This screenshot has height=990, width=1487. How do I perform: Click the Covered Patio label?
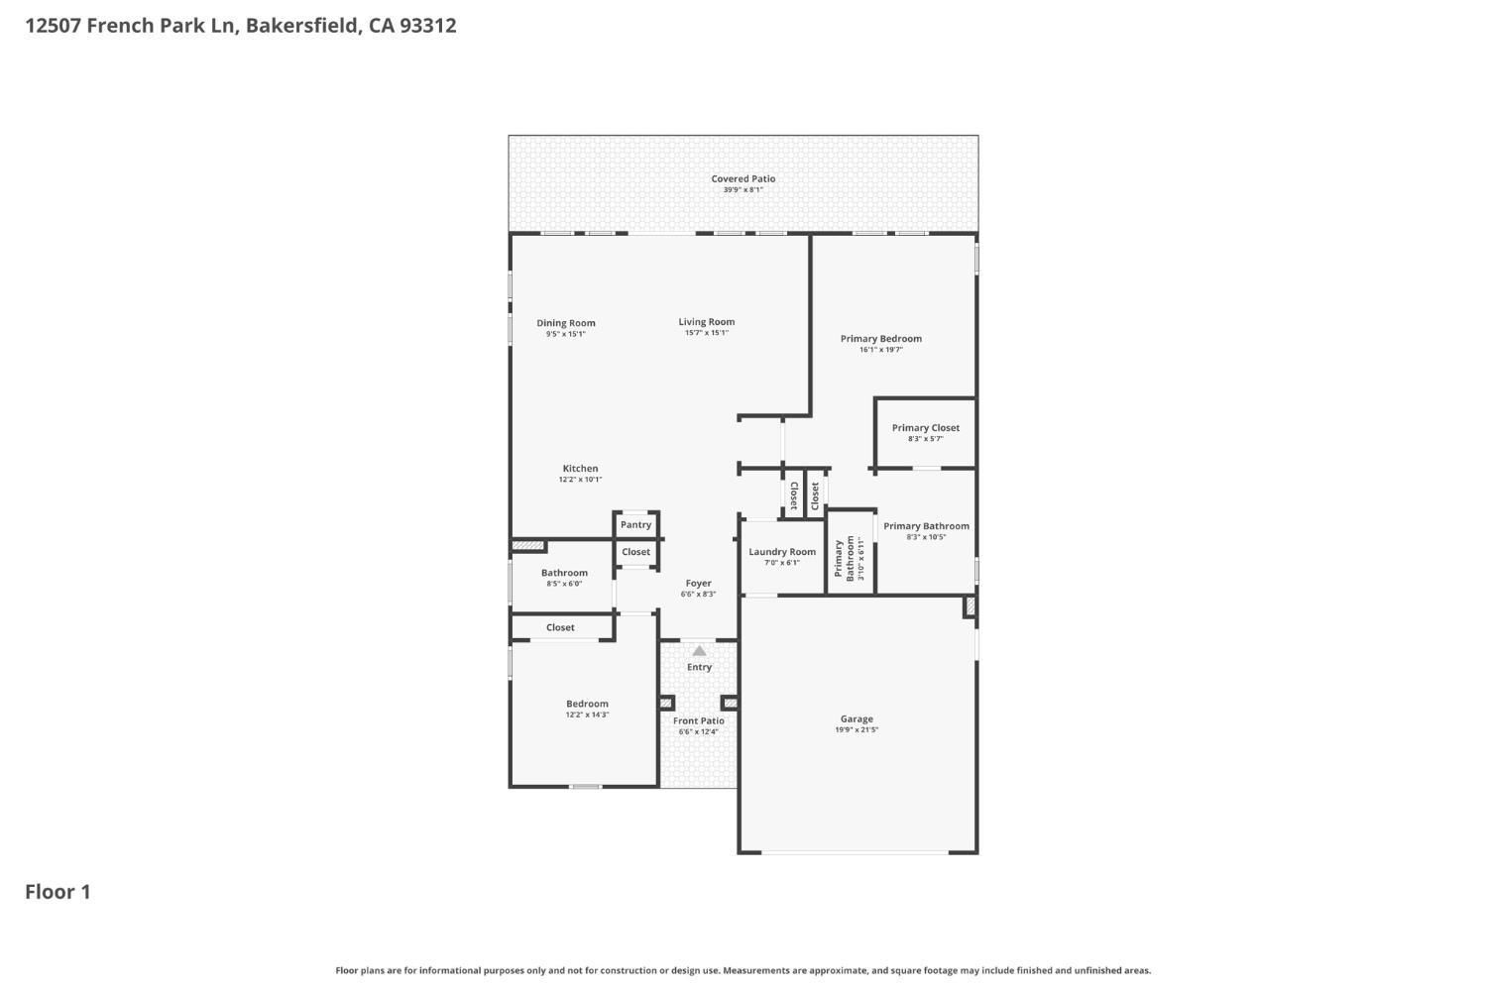click(x=743, y=178)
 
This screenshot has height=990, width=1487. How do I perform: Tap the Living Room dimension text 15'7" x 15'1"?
click(x=706, y=333)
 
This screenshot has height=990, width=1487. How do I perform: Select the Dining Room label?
click(x=566, y=323)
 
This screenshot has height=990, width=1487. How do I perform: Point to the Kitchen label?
click(x=580, y=469)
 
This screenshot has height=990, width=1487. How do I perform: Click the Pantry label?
click(x=636, y=525)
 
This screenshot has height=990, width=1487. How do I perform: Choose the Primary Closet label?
click(x=925, y=428)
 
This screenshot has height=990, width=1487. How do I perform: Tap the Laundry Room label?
click(x=782, y=552)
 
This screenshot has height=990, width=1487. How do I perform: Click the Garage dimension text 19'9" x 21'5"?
click(x=857, y=730)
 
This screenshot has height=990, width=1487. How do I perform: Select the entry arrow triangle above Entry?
click(x=699, y=651)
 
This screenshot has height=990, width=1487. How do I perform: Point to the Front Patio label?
click(x=698, y=721)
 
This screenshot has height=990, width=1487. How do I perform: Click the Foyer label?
click(x=698, y=584)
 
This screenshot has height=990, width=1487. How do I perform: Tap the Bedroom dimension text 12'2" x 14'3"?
click(x=587, y=715)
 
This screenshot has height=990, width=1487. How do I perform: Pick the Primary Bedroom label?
click(x=881, y=339)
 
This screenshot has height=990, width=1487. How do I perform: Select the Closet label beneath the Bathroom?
click(x=560, y=627)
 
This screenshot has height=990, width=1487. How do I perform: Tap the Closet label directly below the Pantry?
click(x=636, y=552)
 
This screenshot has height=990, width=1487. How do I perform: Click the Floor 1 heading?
click(x=57, y=892)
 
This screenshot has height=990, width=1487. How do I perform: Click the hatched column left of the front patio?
click(x=666, y=703)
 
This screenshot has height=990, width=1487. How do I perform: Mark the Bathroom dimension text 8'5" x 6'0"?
click(x=564, y=584)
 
